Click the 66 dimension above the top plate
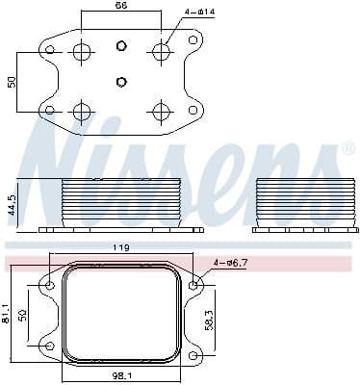click(x=120, y=7)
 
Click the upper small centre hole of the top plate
click(x=120, y=45)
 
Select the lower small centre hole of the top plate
click(x=120, y=81)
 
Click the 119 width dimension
click(x=122, y=249)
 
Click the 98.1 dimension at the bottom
click(x=122, y=377)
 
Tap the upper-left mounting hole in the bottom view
click(x=49, y=285)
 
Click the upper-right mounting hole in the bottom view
click(x=195, y=285)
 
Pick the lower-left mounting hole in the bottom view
click(x=49, y=346)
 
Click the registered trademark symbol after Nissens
click(x=347, y=149)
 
